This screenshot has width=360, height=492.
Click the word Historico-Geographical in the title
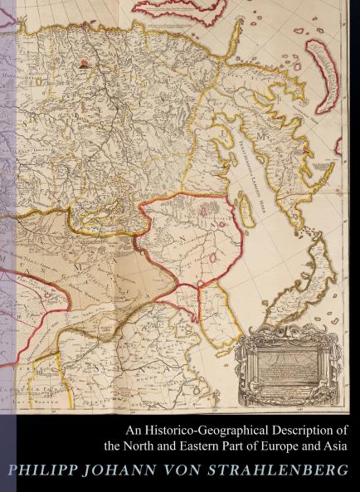click(x=192, y=431)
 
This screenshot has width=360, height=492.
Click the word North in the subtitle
click(x=149, y=446)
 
